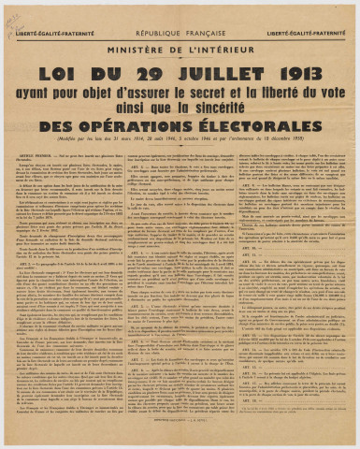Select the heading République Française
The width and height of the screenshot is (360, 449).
point(179,18)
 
